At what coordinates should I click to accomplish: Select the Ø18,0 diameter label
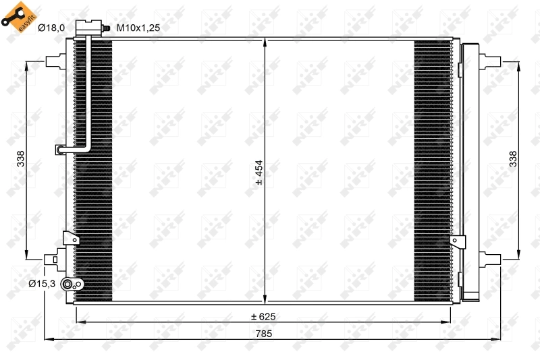51,28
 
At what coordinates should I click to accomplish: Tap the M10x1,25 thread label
138,28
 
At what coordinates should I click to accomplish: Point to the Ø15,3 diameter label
41,284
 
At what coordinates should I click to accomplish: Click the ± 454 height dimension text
258,172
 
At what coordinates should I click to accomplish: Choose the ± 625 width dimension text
264,316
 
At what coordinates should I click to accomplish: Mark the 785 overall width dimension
264,332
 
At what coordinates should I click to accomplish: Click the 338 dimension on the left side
21,159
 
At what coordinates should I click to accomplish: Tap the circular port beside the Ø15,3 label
67,284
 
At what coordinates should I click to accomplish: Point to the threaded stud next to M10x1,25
106,28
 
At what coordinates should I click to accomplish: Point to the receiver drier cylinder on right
469,169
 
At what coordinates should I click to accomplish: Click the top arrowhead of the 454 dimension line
265,42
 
